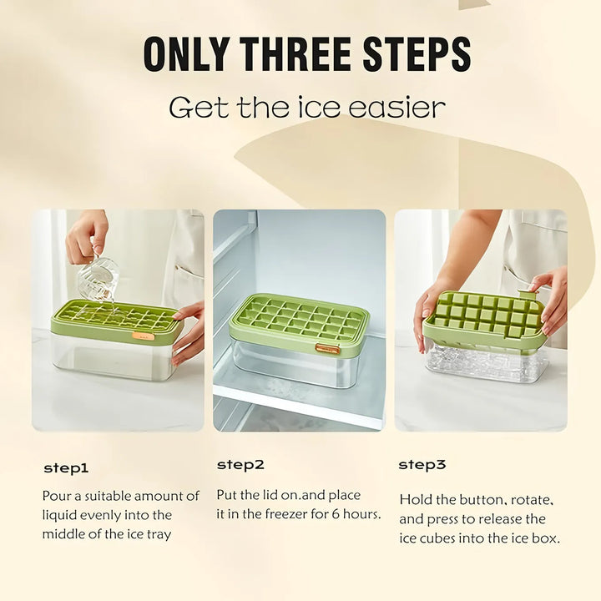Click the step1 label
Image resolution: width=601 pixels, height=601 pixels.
66,468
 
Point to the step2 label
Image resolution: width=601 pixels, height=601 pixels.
240,464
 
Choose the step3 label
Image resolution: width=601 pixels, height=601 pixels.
422,464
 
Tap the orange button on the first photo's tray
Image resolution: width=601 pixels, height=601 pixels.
143,336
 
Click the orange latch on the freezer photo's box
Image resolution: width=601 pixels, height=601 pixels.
327,348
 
